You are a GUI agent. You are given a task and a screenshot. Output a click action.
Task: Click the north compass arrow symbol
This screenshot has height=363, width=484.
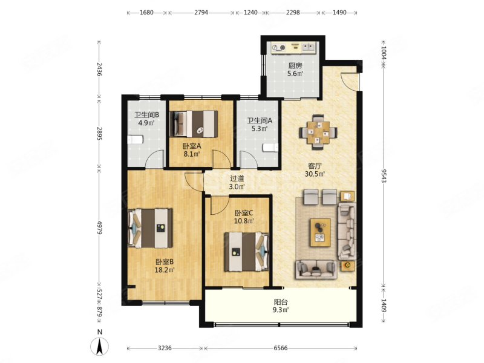[99, 346]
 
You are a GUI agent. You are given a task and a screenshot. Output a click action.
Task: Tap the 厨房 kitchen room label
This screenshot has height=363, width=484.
[295, 66]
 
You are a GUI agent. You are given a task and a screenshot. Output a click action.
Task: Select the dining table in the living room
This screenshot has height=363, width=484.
[318, 132]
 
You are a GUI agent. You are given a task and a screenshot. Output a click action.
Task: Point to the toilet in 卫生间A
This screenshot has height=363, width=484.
[270, 148]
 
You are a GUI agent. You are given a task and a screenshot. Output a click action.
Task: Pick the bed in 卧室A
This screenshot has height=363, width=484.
[194, 123]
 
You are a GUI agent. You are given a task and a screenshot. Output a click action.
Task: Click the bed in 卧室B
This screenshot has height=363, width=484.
[150, 229]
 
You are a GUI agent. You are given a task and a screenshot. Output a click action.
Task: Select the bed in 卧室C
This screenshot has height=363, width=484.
[247, 252]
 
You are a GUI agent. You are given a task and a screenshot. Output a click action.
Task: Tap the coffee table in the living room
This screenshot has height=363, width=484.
[321, 232]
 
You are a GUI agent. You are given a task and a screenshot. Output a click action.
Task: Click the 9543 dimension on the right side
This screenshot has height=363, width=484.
[384, 176]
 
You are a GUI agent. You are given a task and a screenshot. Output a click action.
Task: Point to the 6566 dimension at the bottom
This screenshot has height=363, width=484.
[280, 348]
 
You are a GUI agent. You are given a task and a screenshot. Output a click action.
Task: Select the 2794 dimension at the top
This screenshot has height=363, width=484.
[201, 13]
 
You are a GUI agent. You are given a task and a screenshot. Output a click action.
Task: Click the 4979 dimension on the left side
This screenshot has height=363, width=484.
[99, 227]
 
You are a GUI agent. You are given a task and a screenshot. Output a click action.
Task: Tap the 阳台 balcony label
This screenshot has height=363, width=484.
[281, 302]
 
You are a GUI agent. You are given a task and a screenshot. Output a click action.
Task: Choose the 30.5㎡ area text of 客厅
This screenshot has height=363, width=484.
[315, 174]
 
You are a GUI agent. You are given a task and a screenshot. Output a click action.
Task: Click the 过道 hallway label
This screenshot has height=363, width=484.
[237, 178]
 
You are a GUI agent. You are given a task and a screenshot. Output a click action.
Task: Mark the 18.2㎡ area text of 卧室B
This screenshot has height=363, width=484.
[165, 270]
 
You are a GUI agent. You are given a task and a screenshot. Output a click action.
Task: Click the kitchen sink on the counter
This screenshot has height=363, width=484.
[309, 47]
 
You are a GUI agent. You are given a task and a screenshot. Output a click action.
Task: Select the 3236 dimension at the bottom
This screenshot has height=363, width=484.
[165, 348]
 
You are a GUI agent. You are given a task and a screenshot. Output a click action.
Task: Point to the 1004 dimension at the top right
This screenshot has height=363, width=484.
[384, 53]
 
